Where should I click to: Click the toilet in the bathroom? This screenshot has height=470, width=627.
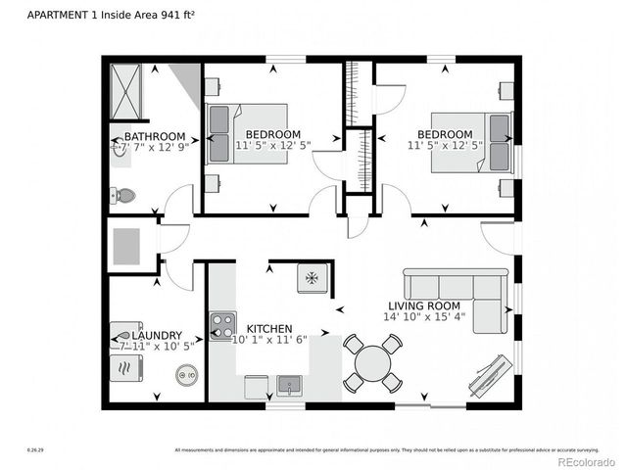(x=124, y=196)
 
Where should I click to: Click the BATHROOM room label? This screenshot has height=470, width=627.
(x=155, y=136)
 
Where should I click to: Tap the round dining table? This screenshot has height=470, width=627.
(x=372, y=363)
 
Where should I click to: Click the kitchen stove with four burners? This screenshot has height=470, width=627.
(x=223, y=325)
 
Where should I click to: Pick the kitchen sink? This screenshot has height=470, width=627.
(x=289, y=385)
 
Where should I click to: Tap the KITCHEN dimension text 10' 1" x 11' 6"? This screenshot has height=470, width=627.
(x=269, y=340)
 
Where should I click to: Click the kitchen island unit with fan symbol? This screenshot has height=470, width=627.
(x=312, y=278)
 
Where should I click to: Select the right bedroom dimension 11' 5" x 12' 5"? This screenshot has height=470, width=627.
(x=445, y=146)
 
